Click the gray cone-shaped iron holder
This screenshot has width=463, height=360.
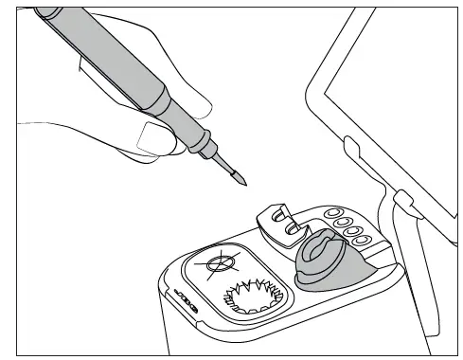coord(327,261)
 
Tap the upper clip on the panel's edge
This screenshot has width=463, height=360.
coord(351,148)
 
